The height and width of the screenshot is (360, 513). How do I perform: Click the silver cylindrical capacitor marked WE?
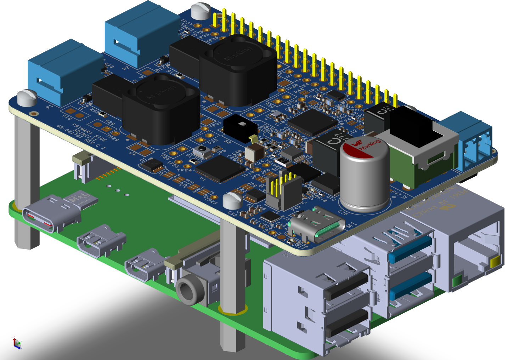point(364,177)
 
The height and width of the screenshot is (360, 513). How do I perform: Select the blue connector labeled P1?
point(62,73)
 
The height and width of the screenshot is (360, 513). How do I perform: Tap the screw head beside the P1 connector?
point(27,97)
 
